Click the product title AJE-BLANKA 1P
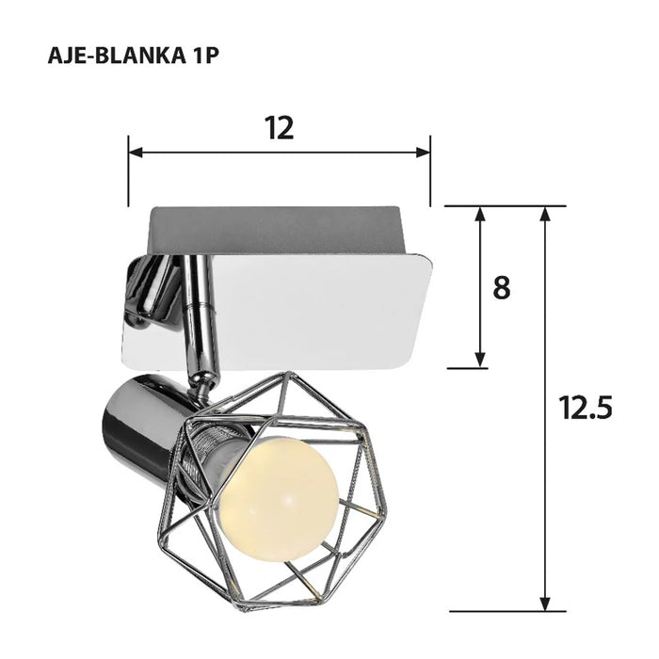click(x=133, y=54)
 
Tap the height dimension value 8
click(x=502, y=287)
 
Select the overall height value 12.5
click(x=586, y=408)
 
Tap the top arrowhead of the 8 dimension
click(x=480, y=214)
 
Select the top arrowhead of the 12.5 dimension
click(x=544, y=214)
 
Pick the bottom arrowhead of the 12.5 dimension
click(x=544, y=603)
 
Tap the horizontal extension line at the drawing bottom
click(x=508, y=611)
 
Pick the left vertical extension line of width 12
click(x=129, y=169)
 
